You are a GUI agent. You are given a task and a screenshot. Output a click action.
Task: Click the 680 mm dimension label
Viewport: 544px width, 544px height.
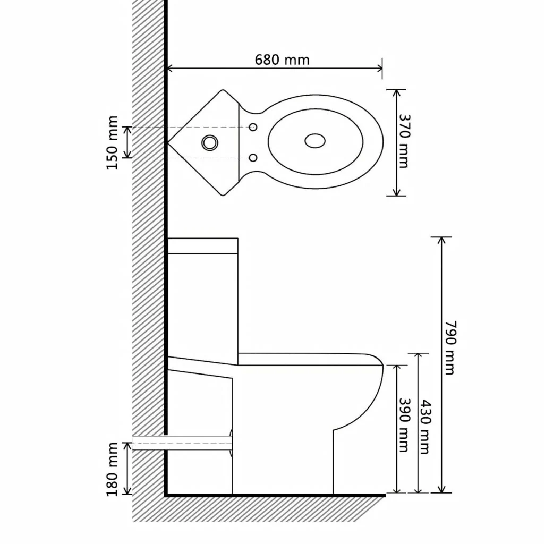[x=282, y=59]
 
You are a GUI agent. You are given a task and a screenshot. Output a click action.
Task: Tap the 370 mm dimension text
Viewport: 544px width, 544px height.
[x=404, y=141]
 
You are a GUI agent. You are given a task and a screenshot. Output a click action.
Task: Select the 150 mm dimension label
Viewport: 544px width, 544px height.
[x=112, y=142]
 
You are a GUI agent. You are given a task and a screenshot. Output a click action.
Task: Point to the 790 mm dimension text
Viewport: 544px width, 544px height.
[x=450, y=347]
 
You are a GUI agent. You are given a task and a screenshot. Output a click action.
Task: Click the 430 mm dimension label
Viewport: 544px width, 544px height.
[x=424, y=427]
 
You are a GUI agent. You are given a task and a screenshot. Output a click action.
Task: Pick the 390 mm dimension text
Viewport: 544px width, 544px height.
[x=404, y=425]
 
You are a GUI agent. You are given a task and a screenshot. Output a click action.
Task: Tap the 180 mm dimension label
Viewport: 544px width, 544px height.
[x=112, y=469]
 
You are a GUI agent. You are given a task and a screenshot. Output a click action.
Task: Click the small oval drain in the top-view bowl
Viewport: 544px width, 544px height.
[x=316, y=141]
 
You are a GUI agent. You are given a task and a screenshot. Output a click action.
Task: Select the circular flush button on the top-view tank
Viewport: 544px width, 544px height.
[x=209, y=142]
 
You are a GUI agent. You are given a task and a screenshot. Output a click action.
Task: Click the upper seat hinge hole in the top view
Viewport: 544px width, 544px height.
[x=253, y=127]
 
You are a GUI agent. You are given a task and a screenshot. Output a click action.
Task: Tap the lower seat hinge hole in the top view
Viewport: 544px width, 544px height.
[x=253, y=157]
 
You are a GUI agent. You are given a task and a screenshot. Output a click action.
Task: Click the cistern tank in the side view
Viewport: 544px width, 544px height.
[x=202, y=297]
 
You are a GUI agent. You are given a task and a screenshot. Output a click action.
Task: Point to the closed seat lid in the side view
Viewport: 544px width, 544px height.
[x=311, y=359]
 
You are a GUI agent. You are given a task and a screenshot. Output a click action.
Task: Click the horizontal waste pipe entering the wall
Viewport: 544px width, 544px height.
[x=181, y=443]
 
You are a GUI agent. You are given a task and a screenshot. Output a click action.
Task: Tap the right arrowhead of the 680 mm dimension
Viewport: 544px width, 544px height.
[x=380, y=68]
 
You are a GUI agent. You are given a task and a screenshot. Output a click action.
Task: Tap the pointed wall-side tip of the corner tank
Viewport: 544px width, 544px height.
[x=169, y=142]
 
